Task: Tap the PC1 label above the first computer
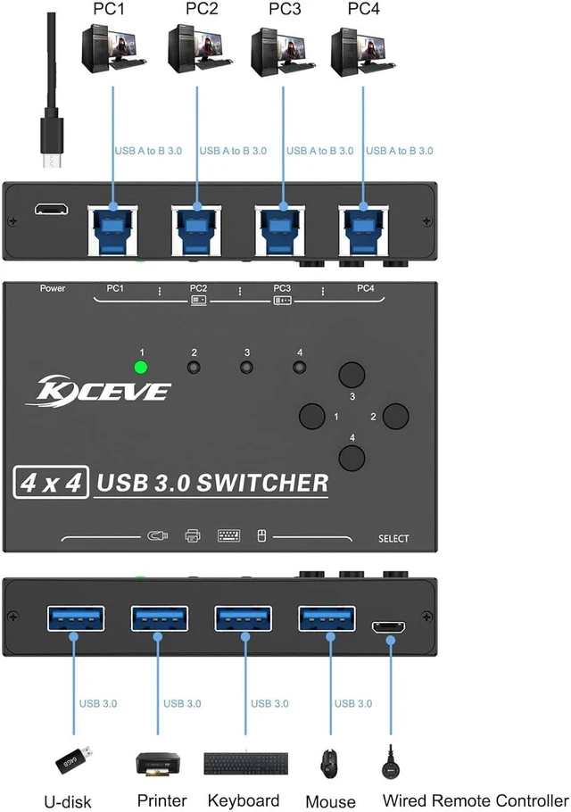tap(109, 9)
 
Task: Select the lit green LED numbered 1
tap(140, 367)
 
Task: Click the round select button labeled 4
tap(352, 457)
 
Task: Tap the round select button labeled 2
tap(396, 416)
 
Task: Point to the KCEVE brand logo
tap(98, 389)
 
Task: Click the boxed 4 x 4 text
tap(51, 483)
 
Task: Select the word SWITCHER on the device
tap(262, 483)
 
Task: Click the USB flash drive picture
tap(74, 759)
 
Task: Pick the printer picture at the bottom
tap(158, 765)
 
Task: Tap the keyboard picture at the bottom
tap(246, 763)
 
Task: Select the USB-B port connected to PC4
tap(363, 230)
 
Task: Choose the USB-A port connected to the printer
tap(160, 618)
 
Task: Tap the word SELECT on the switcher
tap(393, 539)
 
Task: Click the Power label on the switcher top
tap(53, 288)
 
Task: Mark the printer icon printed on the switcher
tap(193, 535)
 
